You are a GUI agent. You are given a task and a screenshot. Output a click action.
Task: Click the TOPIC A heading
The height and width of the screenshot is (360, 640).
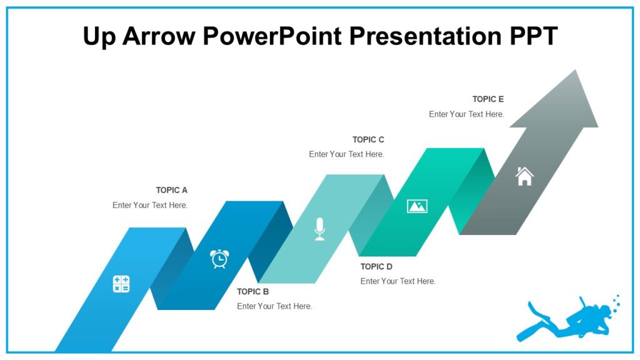pos(171,190)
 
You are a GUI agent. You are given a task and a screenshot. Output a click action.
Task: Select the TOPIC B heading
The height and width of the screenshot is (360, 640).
pos(252,291)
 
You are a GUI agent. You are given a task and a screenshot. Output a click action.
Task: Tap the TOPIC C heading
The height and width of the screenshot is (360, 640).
pos(368,139)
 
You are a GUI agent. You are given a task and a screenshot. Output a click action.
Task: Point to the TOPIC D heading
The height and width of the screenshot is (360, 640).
pos(376,266)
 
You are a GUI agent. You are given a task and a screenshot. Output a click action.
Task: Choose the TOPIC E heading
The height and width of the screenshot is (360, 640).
pos(487,99)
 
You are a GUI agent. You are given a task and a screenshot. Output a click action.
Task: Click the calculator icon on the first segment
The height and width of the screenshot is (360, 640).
pos(121,284)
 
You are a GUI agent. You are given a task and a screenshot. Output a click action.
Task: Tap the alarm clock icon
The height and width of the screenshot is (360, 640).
pos(219,258)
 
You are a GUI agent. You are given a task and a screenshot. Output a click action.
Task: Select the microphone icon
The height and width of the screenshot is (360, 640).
pos(319,229)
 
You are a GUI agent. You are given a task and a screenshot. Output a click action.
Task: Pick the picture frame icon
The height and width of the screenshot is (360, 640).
pos(417,206)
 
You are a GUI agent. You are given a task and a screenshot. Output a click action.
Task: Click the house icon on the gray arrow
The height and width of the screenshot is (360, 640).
pos(524,176)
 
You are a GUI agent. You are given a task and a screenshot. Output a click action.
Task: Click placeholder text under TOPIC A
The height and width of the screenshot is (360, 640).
pos(150,205)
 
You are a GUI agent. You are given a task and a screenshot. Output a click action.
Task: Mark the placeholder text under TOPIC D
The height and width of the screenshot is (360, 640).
pos(397,281)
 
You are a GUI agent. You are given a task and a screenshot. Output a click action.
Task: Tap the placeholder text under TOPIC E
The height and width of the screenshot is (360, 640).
pos(466,114)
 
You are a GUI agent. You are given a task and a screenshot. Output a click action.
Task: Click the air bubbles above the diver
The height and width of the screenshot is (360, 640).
pos(616,303)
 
